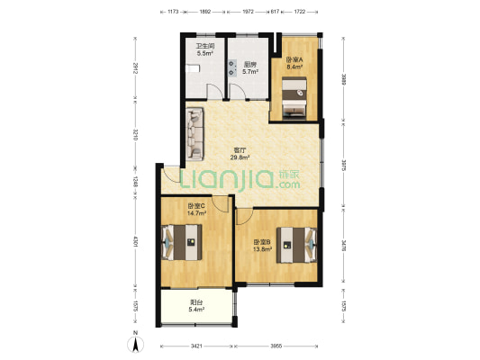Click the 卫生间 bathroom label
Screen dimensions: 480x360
point(205,46)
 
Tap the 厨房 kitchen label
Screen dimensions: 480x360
point(249,65)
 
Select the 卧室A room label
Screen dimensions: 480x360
point(294,59)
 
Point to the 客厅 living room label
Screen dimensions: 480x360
point(240,150)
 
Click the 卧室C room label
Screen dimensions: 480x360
point(196,206)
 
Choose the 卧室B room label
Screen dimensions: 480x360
point(262,242)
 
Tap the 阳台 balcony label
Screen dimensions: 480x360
point(196,302)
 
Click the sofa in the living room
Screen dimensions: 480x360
point(195,134)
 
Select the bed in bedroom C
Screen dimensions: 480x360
point(182,242)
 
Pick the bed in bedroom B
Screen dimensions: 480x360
point(296,245)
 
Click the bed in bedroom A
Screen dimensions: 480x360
point(294,97)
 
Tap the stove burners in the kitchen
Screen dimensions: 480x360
point(232,67)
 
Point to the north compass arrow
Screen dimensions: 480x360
point(136,344)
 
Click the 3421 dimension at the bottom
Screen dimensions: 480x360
point(196,346)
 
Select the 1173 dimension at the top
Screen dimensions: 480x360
point(173,12)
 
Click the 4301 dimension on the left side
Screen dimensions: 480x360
point(135,241)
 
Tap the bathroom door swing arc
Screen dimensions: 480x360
point(215,91)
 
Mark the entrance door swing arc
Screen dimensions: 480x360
point(171,175)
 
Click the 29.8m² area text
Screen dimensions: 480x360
point(240,157)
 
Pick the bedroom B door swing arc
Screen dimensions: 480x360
point(245,217)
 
